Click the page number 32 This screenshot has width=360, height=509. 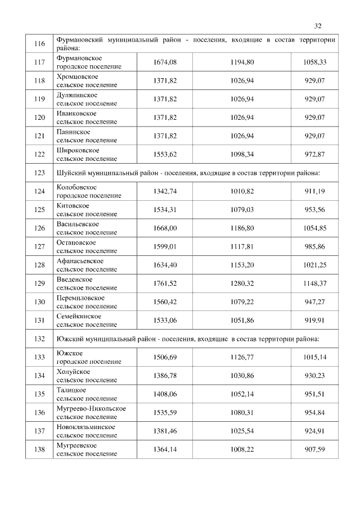click(x=317, y=26)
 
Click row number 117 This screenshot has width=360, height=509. click(x=39, y=62)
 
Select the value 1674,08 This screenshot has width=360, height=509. click(x=165, y=62)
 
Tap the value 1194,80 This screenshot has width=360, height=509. click(x=242, y=62)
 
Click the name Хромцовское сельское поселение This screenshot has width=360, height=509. click(x=87, y=80)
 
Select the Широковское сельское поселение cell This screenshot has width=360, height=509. click(x=87, y=155)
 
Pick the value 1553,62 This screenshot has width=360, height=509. click(x=165, y=155)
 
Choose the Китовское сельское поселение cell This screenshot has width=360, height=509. click(x=87, y=210)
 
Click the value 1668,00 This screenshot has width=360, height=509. click(x=165, y=228)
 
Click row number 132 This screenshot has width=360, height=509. click(x=39, y=339)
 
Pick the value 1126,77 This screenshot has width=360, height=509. click(x=242, y=357)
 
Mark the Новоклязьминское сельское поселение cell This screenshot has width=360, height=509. click(x=87, y=431)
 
